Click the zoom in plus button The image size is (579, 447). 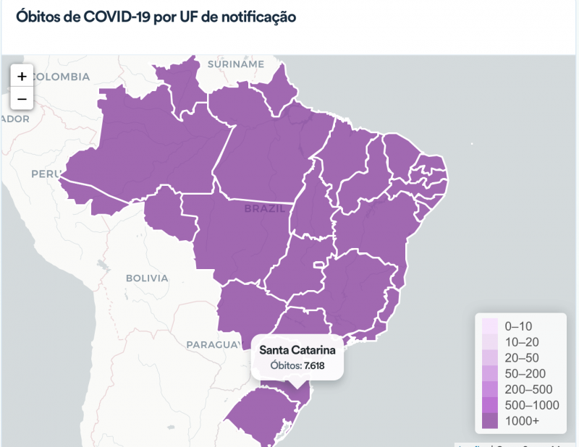tap(22, 76)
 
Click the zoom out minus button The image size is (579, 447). tap(22, 98)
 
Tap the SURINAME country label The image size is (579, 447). tap(236, 64)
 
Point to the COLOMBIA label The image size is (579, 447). tap(61, 77)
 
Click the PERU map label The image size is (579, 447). tap(45, 174)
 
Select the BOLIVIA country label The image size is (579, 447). tap(147, 278)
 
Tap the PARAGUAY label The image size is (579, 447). tap(213, 344)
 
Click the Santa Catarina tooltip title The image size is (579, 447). tap(297, 350)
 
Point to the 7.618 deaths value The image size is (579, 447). tap(314, 365)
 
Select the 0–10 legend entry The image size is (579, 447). tap(518, 325)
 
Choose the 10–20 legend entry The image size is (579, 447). tap(521, 341)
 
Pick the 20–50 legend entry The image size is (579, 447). tap(521, 357)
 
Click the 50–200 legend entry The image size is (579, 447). tap(524, 373)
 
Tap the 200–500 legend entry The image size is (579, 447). tap(527, 389)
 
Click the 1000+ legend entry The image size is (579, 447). tap(523, 421)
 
